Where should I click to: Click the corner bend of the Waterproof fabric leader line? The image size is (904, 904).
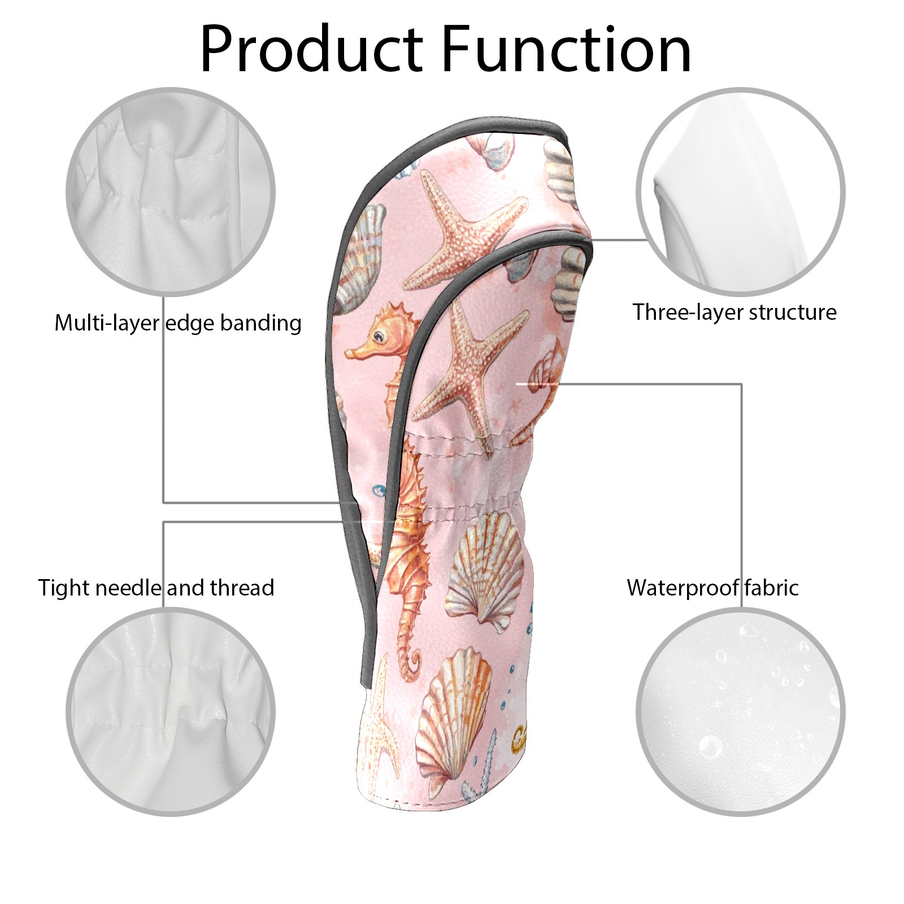pos(741,384)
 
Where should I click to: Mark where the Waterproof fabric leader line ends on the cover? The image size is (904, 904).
pos(518,384)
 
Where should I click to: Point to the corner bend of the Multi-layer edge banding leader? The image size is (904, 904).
pos(164,502)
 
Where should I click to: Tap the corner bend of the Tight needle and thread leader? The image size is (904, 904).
pos(164,522)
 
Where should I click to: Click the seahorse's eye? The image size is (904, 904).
pos(383,337)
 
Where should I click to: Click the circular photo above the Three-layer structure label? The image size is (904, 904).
pos(741,192)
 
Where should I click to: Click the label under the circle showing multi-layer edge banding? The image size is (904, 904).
pos(178,323)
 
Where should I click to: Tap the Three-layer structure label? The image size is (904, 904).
pos(734,312)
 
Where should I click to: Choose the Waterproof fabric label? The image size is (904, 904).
pos(712,588)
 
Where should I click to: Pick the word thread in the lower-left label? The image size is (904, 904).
pos(242,588)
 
